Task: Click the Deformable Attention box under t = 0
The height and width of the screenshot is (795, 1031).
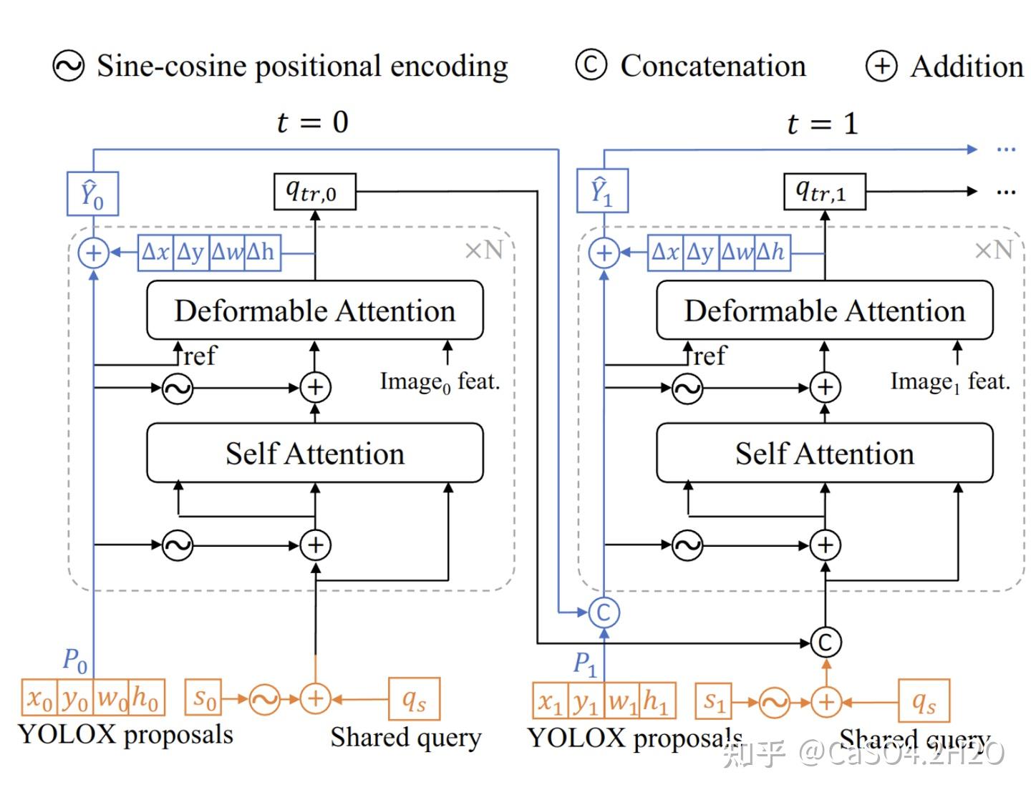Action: click(x=314, y=311)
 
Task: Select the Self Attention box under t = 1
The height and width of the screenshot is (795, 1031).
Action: click(x=824, y=453)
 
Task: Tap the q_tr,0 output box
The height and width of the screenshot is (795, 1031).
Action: click(x=314, y=192)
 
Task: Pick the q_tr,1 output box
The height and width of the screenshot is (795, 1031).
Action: click(x=824, y=192)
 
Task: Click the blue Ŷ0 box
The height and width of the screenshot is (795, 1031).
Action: click(x=92, y=193)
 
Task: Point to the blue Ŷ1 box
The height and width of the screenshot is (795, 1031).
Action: click(x=602, y=191)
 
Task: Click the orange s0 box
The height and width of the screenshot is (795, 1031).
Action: click(x=203, y=698)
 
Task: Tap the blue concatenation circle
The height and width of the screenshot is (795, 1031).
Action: click(x=604, y=613)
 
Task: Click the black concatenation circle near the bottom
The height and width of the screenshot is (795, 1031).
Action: click(x=825, y=642)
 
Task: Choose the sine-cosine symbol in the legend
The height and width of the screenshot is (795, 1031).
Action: click(x=69, y=67)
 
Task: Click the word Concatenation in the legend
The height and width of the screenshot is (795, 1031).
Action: click(x=712, y=66)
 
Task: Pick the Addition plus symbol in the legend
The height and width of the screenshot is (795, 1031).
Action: click(x=881, y=67)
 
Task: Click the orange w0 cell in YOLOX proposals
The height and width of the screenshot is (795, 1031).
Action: click(x=112, y=698)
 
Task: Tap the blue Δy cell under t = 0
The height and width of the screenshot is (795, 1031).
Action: click(x=191, y=252)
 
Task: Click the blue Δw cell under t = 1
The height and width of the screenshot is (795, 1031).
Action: click(x=737, y=252)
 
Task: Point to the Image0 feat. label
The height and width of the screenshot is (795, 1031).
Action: click(x=439, y=382)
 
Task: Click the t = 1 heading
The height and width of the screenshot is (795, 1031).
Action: click(x=821, y=124)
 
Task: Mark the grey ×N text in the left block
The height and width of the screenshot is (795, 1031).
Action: click(x=484, y=250)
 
